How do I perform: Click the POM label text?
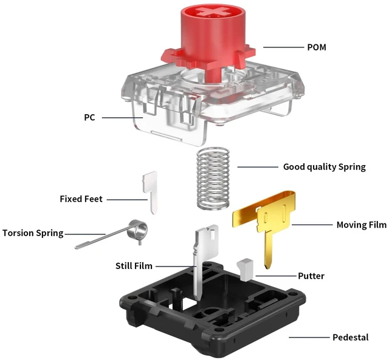[317, 47]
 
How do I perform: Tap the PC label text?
[89, 117]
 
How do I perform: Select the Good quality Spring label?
[324, 167]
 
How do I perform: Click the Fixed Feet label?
[81, 199]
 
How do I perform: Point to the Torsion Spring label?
[33, 233]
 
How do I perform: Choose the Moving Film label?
[362, 225]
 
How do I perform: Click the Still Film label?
[134, 266]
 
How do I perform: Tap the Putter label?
[311, 276]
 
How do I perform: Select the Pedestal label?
[351, 337]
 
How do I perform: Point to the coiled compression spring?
[213, 178]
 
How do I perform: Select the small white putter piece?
[246, 270]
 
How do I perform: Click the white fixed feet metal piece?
[151, 191]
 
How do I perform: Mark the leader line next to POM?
[283, 47]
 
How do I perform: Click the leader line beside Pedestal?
[309, 337]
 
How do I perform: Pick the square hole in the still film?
[212, 234]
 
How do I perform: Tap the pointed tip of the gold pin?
[267, 268]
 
